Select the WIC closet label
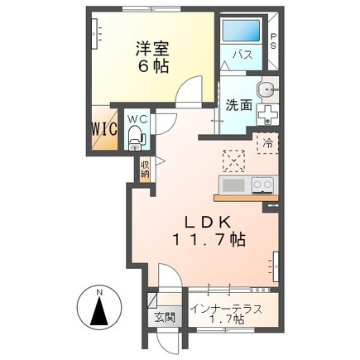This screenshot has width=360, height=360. pos(104,129)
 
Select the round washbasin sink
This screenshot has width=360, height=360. pos(264,89)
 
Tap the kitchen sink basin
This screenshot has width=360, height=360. pos(233,184)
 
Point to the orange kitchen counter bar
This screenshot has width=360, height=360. pos(244,197)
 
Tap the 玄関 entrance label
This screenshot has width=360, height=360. pos(162,317)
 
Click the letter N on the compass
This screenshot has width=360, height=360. pos(98,293)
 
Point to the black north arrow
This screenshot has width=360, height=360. pos(98,315)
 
